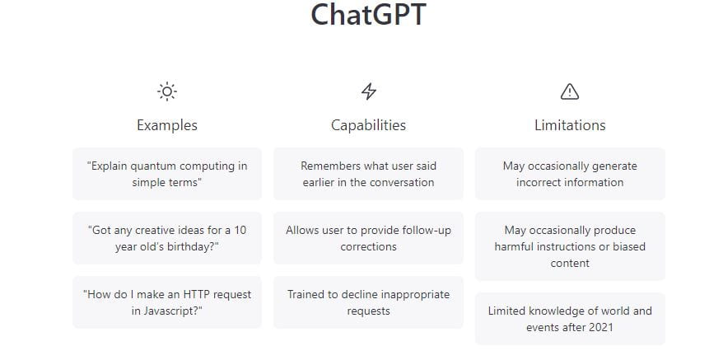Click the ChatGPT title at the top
coord(368,15)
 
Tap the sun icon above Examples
coord(167,91)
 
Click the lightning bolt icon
coord(369,91)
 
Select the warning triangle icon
coord(570,91)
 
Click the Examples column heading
coord(167,125)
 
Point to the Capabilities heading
coord(369,125)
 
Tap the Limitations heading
coord(570,125)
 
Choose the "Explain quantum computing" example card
coord(167,174)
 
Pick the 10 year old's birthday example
coord(167,238)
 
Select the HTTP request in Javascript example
coord(167,302)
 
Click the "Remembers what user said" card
coord(369,174)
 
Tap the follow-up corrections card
coord(369,238)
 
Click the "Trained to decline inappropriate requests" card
coord(369,302)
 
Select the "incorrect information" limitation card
coord(570,174)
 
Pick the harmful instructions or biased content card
coord(570,246)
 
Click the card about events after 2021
coord(570,319)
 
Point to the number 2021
coord(600,327)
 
